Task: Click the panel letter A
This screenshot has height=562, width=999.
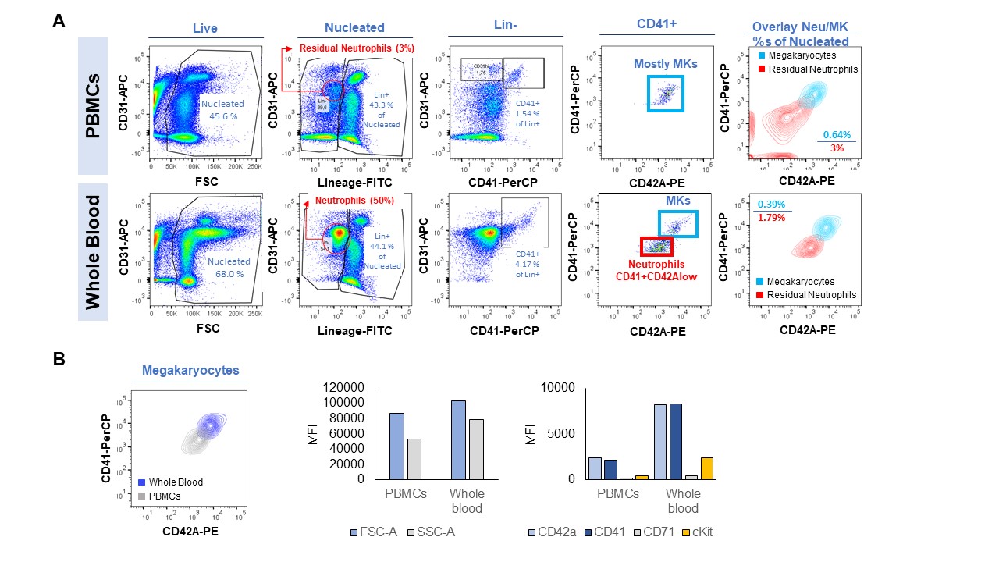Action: [x=59, y=22]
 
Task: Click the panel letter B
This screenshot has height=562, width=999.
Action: [x=59, y=359]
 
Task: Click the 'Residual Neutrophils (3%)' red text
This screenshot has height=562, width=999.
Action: [x=357, y=48]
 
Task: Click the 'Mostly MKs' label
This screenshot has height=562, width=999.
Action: [x=664, y=65]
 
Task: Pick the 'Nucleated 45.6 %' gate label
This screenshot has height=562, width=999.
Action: [x=222, y=108]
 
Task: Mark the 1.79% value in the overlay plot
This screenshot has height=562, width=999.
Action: [x=771, y=218]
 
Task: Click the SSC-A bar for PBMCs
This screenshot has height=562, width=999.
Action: [x=413, y=459]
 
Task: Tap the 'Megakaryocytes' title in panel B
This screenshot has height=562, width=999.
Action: [x=189, y=371]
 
